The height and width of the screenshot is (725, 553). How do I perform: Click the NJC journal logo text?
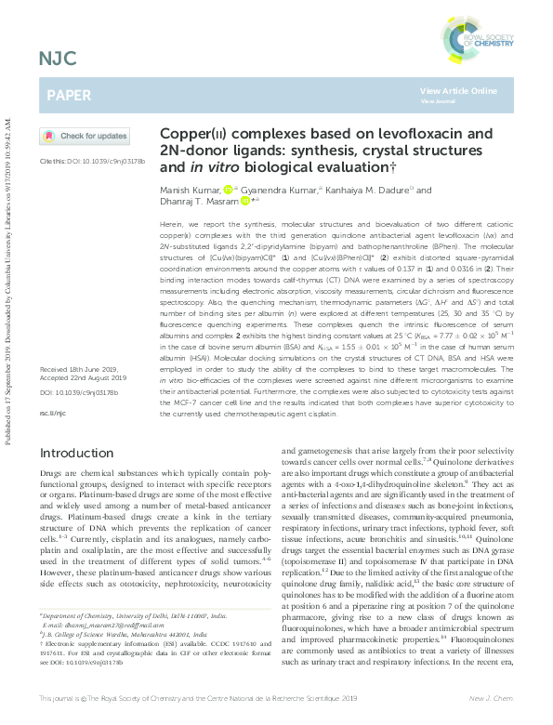coord(58,61)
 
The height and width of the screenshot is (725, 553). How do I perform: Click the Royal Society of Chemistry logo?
coord(480,38)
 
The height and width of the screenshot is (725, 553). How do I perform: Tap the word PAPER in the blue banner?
coord(70,96)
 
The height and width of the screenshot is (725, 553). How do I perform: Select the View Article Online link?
coord(458,91)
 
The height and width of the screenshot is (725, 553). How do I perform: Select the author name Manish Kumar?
coord(190,190)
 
